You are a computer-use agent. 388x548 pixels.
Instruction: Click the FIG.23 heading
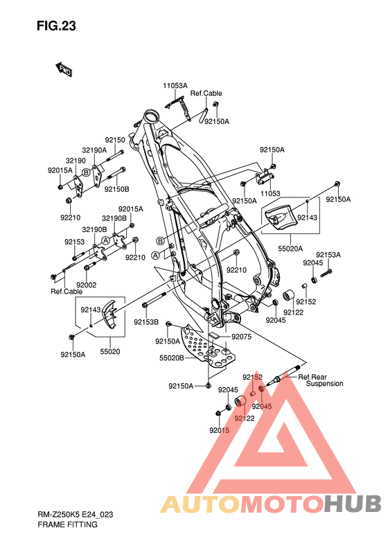click(x=56, y=26)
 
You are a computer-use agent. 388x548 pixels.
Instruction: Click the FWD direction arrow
click(x=64, y=69)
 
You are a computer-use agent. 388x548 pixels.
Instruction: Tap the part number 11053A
click(x=175, y=85)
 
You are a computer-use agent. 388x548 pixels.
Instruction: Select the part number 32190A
click(x=94, y=150)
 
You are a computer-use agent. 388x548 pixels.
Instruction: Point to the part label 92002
click(x=87, y=285)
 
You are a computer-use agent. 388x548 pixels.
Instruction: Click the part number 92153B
click(x=146, y=321)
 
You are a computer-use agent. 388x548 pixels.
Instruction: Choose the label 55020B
click(x=172, y=358)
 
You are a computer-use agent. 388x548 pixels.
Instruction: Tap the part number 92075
click(x=242, y=337)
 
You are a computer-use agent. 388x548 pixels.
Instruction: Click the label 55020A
click(x=290, y=249)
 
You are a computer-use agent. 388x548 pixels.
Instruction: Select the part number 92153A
click(x=328, y=255)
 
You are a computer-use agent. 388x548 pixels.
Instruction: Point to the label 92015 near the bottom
click(x=220, y=430)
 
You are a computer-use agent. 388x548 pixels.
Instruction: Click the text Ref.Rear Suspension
click(x=321, y=380)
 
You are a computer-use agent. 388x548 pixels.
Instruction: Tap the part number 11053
click(x=270, y=193)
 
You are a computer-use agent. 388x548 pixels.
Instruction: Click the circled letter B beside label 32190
click(x=87, y=173)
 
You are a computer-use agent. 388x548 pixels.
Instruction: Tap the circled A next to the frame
click(x=155, y=256)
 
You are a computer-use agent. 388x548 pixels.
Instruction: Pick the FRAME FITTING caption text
click(x=67, y=524)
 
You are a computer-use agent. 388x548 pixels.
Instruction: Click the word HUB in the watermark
click(x=353, y=504)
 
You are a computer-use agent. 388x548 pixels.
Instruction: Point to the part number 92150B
click(x=117, y=189)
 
